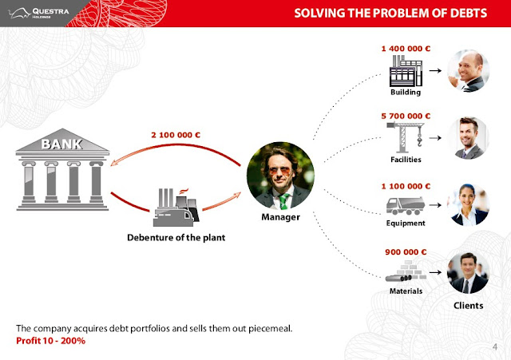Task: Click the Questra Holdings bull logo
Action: [20, 13]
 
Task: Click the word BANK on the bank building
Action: [62, 144]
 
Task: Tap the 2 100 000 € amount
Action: [176, 135]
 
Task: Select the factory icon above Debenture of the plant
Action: [176, 208]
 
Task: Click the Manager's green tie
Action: [283, 201]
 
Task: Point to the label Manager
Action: [280, 217]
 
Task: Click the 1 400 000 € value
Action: [406, 49]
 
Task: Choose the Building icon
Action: [406, 71]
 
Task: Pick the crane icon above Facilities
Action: [406, 137]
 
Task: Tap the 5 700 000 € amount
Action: [406, 116]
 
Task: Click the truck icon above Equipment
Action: [406, 206]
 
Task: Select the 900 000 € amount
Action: [406, 252]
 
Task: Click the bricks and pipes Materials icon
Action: [406, 271]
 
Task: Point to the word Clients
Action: [469, 306]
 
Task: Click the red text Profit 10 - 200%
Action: [50, 341]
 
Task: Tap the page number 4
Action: [495, 346]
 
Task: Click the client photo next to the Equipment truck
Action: [469, 205]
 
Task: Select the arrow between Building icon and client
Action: [435, 70]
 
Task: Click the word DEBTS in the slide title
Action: [469, 13]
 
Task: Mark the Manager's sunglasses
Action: [279, 171]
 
